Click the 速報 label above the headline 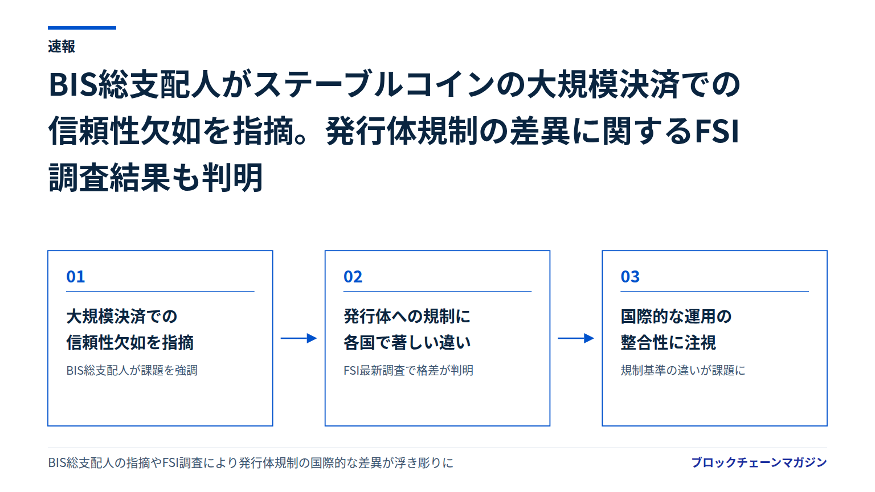[62, 47]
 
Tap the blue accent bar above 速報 [82, 28]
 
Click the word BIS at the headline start [73, 84]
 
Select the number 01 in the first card [75, 277]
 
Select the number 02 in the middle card [353, 277]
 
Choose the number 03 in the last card [630, 277]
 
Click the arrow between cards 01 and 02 [299, 338]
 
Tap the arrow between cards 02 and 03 [576, 338]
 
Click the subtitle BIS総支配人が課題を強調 [132, 370]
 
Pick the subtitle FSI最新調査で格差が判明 [408, 370]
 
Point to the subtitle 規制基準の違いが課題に [683, 370]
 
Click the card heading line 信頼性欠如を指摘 [130, 342]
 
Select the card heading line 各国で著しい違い [407, 342]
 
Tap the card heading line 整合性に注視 [668, 342]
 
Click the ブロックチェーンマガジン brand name [759, 462]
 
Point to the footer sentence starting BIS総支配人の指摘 [251, 463]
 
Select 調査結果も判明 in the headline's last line [156, 178]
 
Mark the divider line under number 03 [714, 292]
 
